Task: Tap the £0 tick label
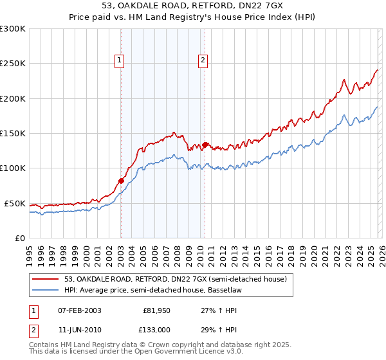click(20, 238)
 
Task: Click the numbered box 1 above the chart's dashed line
click(120, 60)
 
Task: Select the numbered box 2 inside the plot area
click(203, 60)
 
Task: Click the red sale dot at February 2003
click(121, 181)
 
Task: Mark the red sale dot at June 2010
click(205, 145)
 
